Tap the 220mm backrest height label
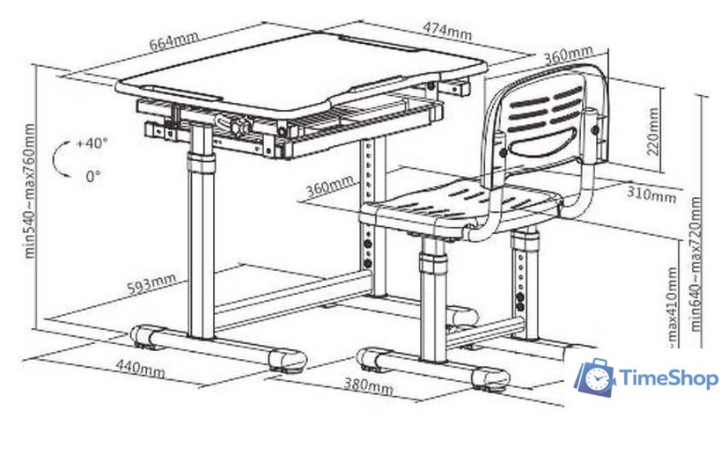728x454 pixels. pyautogui.click(x=653, y=130)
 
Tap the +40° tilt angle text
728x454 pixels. pyautogui.click(x=92, y=143)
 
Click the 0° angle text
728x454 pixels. pyautogui.click(x=93, y=176)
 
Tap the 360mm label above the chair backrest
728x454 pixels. pyautogui.click(x=567, y=56)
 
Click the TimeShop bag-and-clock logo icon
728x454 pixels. pyautogui.click(x=595, y=377)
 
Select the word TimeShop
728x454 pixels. pyautogui.click(x=669, y=379)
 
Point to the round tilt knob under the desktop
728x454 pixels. pyautogui.click(x=238, y=126)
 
